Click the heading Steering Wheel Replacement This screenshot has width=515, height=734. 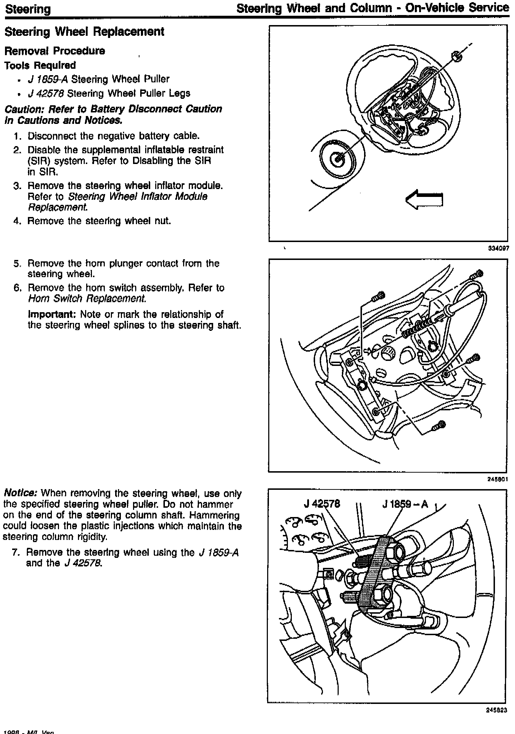tap(84, 32)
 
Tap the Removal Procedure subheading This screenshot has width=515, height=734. tap(55, 51)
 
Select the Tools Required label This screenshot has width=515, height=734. tap(40, 65)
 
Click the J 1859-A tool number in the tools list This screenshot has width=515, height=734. tap(48, 79)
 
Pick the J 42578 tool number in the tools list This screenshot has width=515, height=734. tap(46, 93)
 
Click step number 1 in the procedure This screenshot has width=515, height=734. tap(16, 136)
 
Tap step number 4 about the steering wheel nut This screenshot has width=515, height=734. tap(16, 221)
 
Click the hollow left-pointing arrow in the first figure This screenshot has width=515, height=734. tap(424, 200)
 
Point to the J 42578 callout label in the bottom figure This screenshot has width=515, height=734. tap(322, 504)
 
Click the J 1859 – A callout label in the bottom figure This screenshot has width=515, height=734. tap(405, 504)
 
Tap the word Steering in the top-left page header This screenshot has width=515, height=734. tap(28, 9)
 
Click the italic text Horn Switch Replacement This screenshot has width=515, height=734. tap(87, 299)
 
